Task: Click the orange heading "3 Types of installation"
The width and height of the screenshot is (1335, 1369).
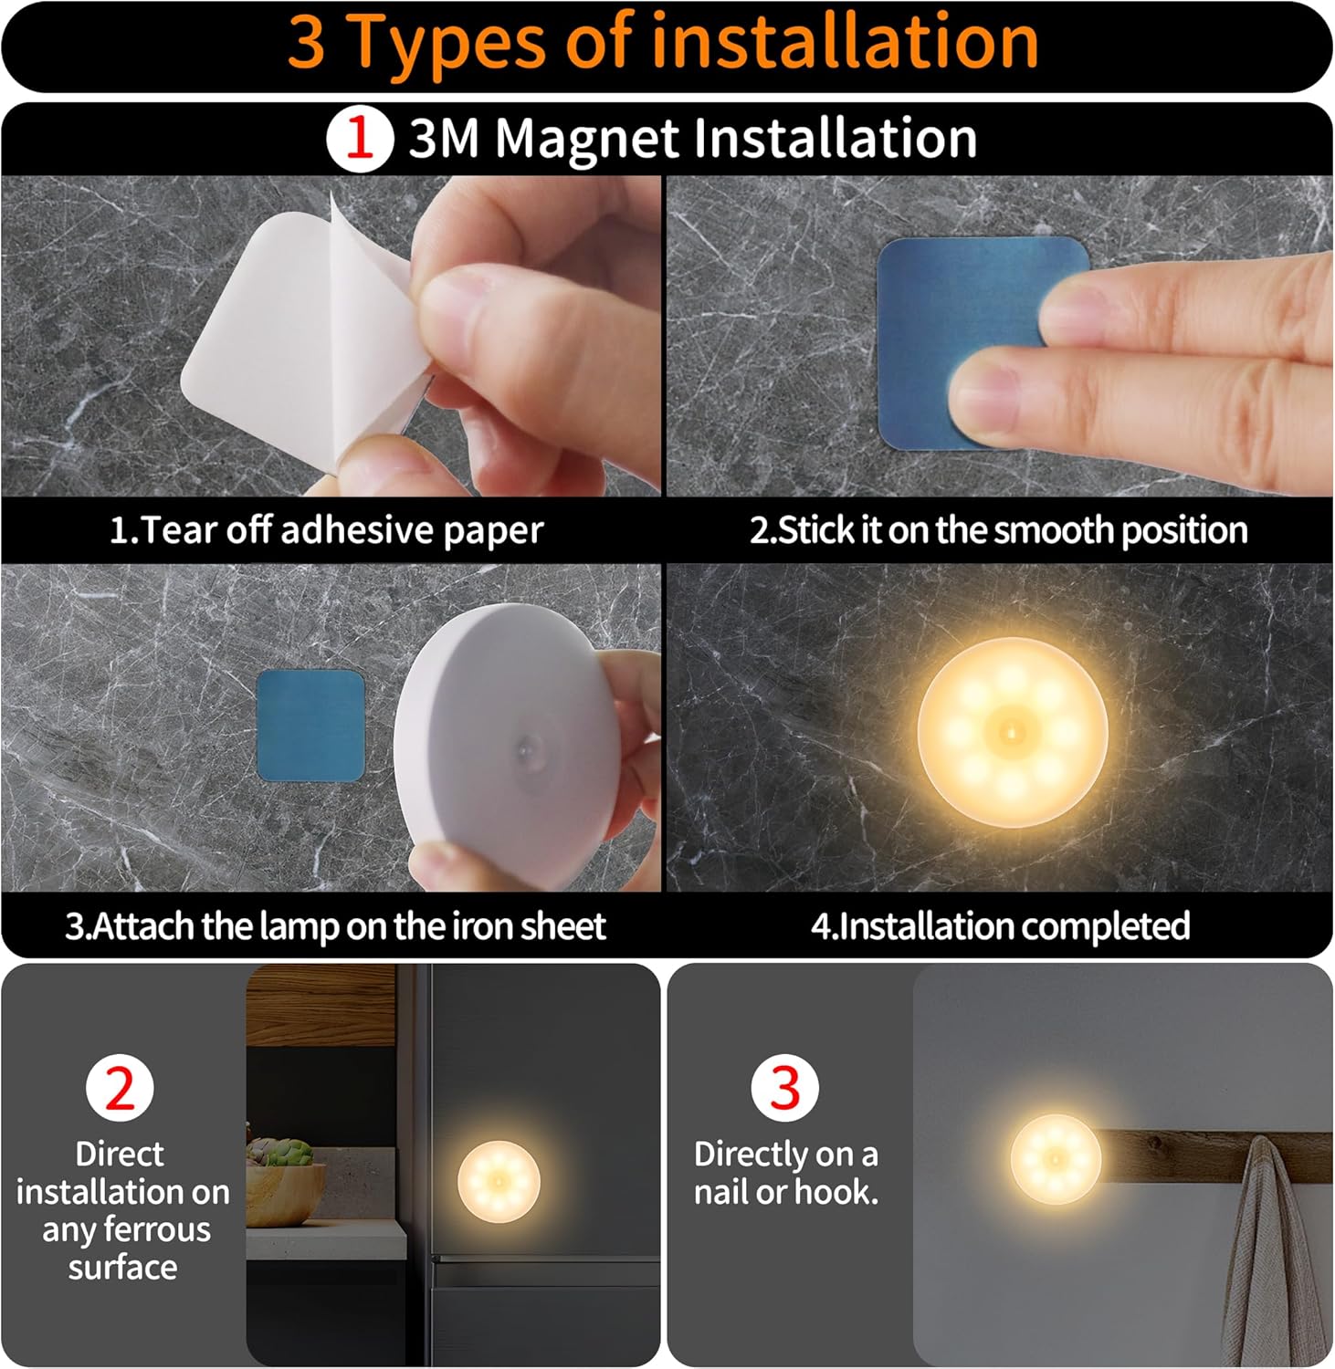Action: tap(664, 42)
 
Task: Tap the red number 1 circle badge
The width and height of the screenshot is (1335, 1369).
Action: tap(359, 139)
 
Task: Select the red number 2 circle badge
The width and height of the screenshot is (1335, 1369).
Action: tap(120, 1088)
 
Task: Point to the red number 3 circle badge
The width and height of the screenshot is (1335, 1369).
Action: tap(784, 1088)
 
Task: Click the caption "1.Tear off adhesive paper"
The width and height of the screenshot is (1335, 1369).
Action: tap(326, 530)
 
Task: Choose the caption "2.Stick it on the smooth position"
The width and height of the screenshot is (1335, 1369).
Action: tap(998, 530)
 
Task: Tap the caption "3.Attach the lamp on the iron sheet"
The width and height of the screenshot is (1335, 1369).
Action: tap(335, 926)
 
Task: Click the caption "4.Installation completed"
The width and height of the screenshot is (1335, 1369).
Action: tap(1000, 926)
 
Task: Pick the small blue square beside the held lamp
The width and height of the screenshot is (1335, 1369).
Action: tap(310, 726)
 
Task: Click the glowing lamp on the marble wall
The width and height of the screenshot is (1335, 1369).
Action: tap(1012, 732)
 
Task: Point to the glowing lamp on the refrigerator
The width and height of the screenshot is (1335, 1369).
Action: tap(499, 1181)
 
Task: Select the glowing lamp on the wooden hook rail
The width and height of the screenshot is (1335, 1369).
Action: tap(1055, 1158)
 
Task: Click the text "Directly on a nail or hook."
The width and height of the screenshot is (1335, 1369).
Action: tap(785, 1173)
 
